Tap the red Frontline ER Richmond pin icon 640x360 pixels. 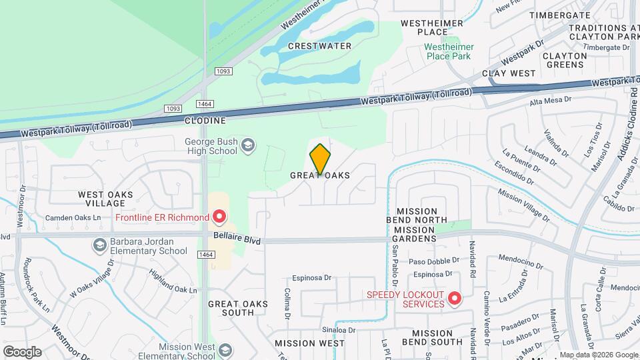(219, 217)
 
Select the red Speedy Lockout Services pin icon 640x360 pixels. (455, 298)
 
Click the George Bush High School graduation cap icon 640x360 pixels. (248, 146)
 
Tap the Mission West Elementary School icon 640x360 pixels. (225, 351)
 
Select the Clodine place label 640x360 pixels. (205, 121)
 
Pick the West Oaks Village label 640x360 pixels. (105, 199)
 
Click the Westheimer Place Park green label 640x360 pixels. (449, 51)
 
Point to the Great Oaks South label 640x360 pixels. (238, 308)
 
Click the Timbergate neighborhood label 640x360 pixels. (560, 15)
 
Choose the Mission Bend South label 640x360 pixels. (437, 337)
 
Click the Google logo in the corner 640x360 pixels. (22, 351)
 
